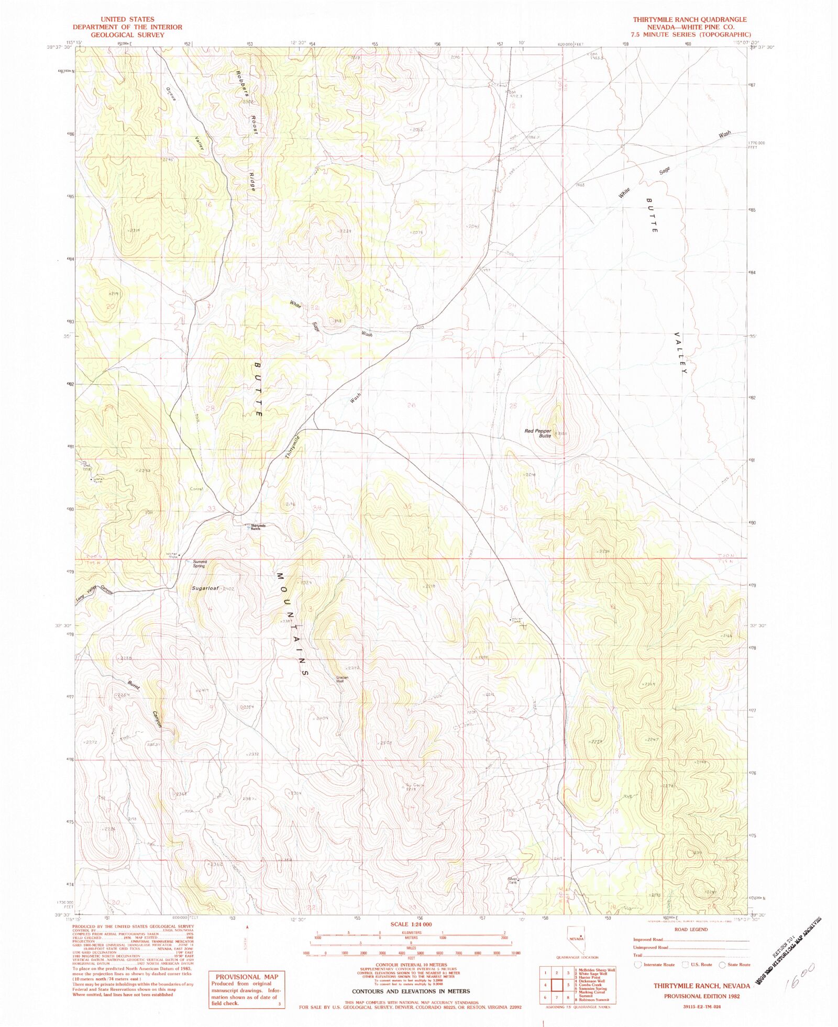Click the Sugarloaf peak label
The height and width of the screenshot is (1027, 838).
click(x=204, y=588)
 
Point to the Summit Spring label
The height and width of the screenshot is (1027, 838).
click(x=200, y=564)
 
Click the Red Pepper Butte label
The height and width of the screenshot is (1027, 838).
click(x=538, y=433)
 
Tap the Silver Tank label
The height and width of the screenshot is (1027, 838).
click(x=512, y=881)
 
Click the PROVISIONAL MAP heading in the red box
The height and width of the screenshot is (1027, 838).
click(x=247, y=977)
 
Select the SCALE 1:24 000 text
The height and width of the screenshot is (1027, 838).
click(x=411, y=924)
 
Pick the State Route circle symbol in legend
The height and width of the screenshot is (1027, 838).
click(x=722, y=965)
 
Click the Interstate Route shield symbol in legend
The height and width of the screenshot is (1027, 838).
click(x=637, y=964)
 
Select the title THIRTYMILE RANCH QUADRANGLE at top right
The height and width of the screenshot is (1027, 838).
click(x=689, y=19)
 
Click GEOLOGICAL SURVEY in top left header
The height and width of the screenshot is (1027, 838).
click(x=127, y=35)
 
